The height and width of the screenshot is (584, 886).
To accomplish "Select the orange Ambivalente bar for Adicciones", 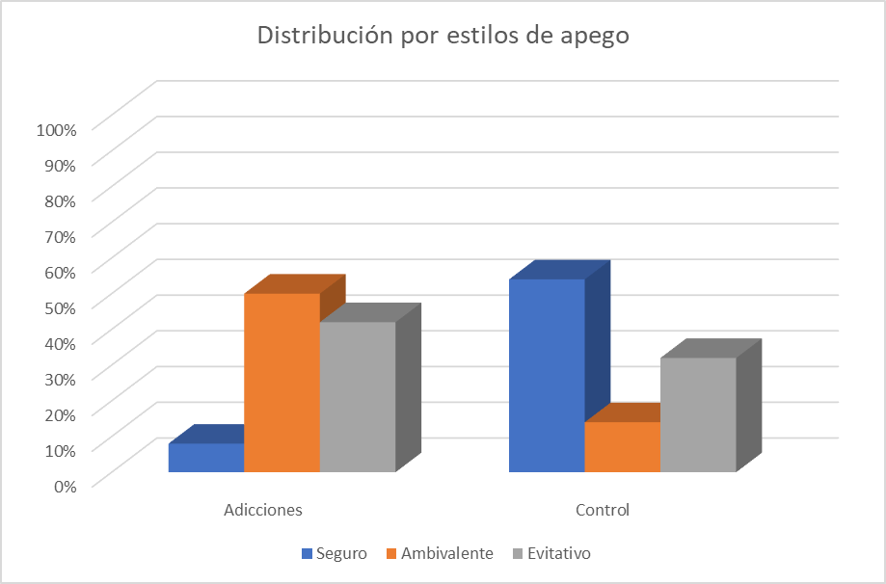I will point(282,383).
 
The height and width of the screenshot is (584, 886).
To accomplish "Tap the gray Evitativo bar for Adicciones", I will point(358,397).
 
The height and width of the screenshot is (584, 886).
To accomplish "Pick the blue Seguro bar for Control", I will point(546,375).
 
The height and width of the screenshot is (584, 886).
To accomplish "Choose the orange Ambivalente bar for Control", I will point(622,446).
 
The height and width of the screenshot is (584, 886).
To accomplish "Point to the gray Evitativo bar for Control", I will point(698,414).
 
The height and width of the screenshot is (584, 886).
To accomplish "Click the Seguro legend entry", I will point(335,553).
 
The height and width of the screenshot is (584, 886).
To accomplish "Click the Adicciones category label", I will point(263,510).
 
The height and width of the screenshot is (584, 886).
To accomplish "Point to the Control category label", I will point(603,510).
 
